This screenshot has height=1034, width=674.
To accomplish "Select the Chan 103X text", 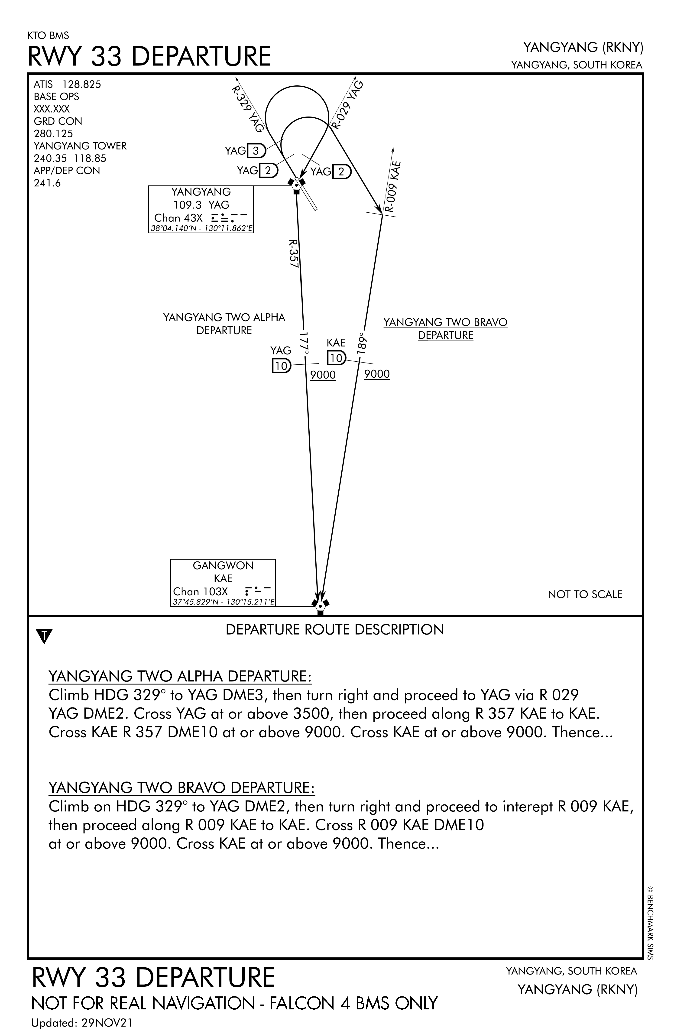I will point(200,591).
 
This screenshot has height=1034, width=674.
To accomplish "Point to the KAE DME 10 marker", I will point(336,358).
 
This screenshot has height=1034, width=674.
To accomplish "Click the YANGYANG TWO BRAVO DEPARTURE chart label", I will point(445,328).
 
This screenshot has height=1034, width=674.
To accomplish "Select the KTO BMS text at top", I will point(48,36).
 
